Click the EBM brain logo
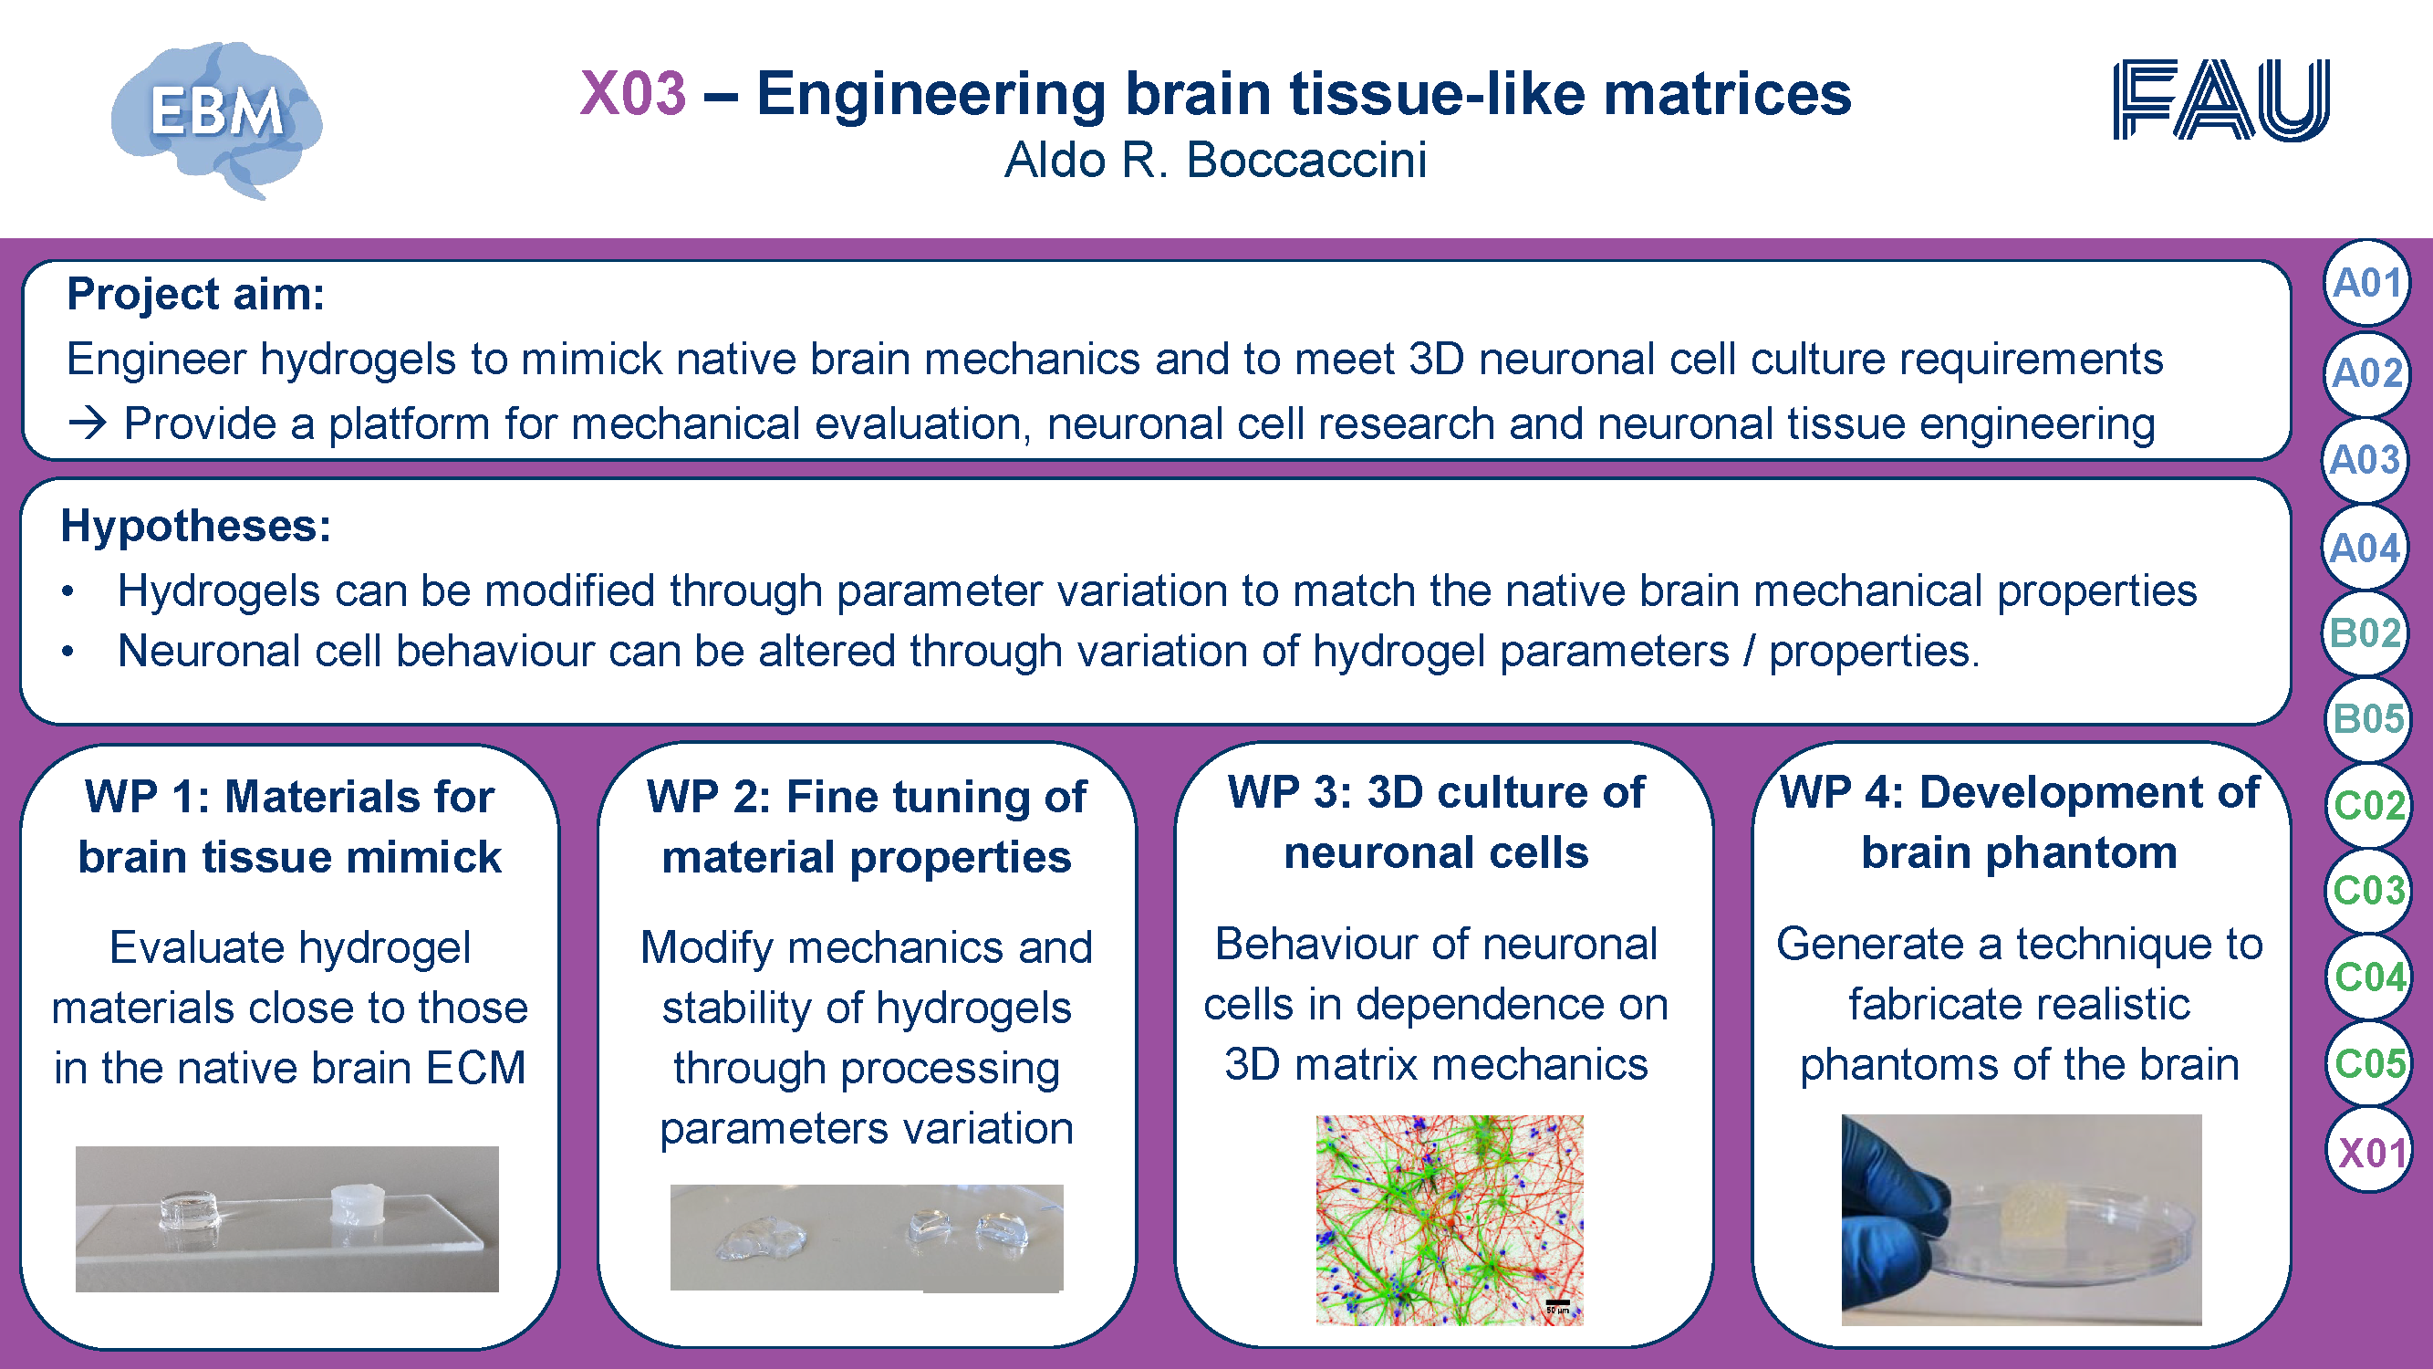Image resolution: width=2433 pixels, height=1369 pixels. tap(216, 119)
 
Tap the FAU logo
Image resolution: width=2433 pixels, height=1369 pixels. tap(2220, 100)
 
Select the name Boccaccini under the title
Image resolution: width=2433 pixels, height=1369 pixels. tap(1306, 160)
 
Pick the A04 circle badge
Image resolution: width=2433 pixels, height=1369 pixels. tap(2365, 548)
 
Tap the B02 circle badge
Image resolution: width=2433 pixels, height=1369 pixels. tap(2365, 633)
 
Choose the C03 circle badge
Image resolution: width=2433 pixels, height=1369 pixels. tap(2368, 891)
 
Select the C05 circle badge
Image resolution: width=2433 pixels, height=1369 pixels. tap(2369, 1064)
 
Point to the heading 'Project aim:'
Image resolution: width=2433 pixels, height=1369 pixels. tap(195, 295)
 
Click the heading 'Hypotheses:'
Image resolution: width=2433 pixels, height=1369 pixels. tap(195, 526)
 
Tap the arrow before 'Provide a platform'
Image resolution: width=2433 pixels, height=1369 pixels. tap(88, 423)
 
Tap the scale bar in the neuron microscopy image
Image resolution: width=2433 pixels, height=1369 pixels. tap(1557, 1303)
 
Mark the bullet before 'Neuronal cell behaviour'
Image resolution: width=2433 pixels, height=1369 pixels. tap(68, 652)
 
